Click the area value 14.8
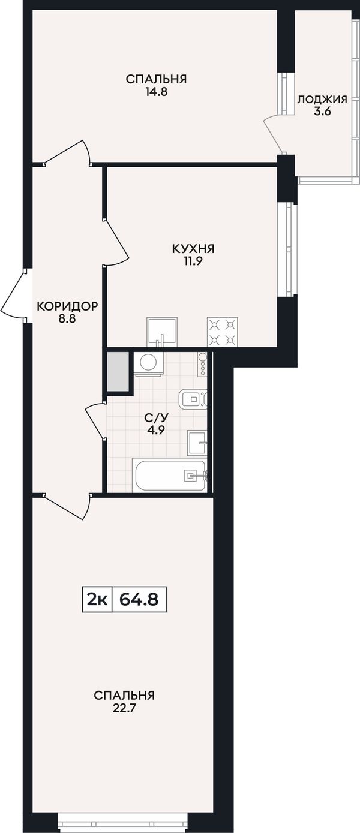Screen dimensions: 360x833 [156, 92]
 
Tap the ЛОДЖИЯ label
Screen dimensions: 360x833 [322, 100]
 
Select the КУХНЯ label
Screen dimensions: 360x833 [193, 249]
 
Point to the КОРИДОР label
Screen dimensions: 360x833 [67, 306]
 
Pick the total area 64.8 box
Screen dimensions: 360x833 [139, 599]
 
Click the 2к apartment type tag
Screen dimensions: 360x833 [97, 599]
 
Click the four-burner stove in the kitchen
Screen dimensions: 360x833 [223, 332]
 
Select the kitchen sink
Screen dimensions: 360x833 [162, 332]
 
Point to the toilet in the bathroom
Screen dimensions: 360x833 [193, 399]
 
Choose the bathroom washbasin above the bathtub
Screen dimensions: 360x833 [197, 443]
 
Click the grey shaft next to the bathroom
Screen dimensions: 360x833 [118, 371]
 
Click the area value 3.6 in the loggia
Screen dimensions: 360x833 [322, 111]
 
